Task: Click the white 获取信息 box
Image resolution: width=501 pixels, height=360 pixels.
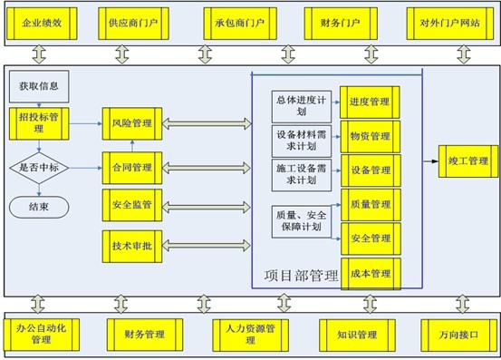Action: point(39,87)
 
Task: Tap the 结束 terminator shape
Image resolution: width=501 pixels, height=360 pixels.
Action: point(39,206)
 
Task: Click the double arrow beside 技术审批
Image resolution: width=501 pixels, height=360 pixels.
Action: point(206,244)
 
